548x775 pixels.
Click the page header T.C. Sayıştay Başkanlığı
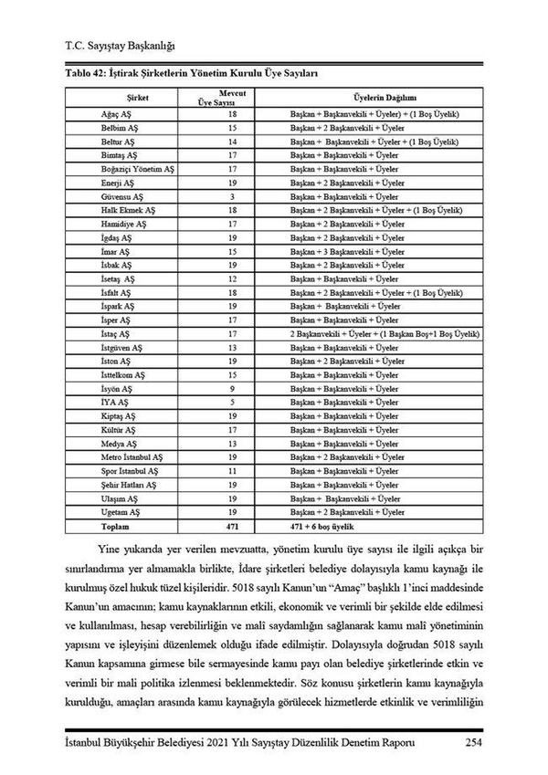(120, 44)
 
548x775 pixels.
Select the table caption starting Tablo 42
(191, 71)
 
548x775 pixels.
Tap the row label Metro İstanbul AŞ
(132, 457)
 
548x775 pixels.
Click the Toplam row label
(114, 527)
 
